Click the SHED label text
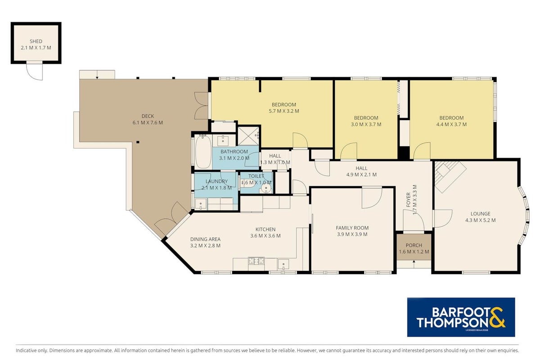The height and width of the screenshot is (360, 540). (x=36, y=41)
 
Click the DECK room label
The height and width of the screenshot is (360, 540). (x=148, y=116)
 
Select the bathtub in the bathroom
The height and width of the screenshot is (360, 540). (x=203, y=152)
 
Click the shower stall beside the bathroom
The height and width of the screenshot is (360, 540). (x=248, y=136)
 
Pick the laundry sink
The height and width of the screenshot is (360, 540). (x=201, y=204)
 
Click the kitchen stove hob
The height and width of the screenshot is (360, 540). (x=256, y=261)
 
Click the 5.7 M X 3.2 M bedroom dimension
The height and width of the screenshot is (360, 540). (x=284, y=111)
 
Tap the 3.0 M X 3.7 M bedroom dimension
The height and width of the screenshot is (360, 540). (x=366, y=124)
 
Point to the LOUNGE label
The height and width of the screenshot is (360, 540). (x=481, y=214)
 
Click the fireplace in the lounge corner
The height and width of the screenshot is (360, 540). (x=450, y=177)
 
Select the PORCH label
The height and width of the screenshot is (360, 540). (x=414, y=245)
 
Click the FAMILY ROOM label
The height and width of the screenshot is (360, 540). (x=352, y=228)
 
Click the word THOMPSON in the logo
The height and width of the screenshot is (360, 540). (x=453, y=322)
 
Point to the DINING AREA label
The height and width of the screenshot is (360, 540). (x=205, y=239)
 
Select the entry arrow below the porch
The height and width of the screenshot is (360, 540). (x=414, y=264)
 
